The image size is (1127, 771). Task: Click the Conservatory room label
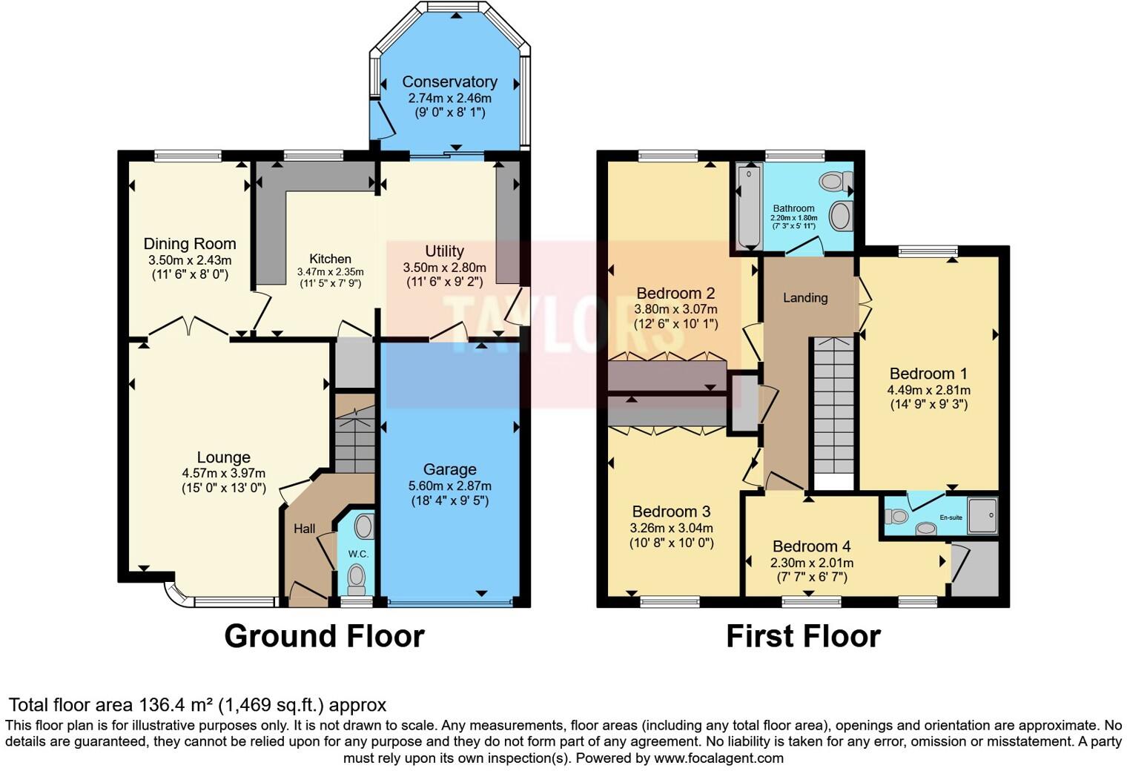(x=449, y=82)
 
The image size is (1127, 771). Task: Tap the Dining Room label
(x=190, y=244)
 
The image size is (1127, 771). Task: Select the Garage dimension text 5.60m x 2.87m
(x=449, y=486)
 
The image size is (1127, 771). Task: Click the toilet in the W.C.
(x=357, y=576)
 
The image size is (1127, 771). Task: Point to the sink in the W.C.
(x=363, y=527)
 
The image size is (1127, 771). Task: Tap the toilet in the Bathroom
(x=837, y=181)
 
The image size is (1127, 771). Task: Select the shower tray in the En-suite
(x=982, y=516)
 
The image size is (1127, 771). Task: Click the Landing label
(x=805, y=298)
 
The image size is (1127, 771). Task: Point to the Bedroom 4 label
(x=811, y=546)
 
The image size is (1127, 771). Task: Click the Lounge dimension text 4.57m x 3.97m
(x=223, y=473)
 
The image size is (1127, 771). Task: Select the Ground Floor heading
(x=324, y=636)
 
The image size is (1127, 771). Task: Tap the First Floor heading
(x=803, y=636)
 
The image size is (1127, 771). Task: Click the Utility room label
(x=444, y=251)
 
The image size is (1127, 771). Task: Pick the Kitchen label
(x=330, y=259)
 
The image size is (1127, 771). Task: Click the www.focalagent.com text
(x=717, y=758)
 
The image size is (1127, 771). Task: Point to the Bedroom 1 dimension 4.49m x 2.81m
(x=928, y=390)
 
